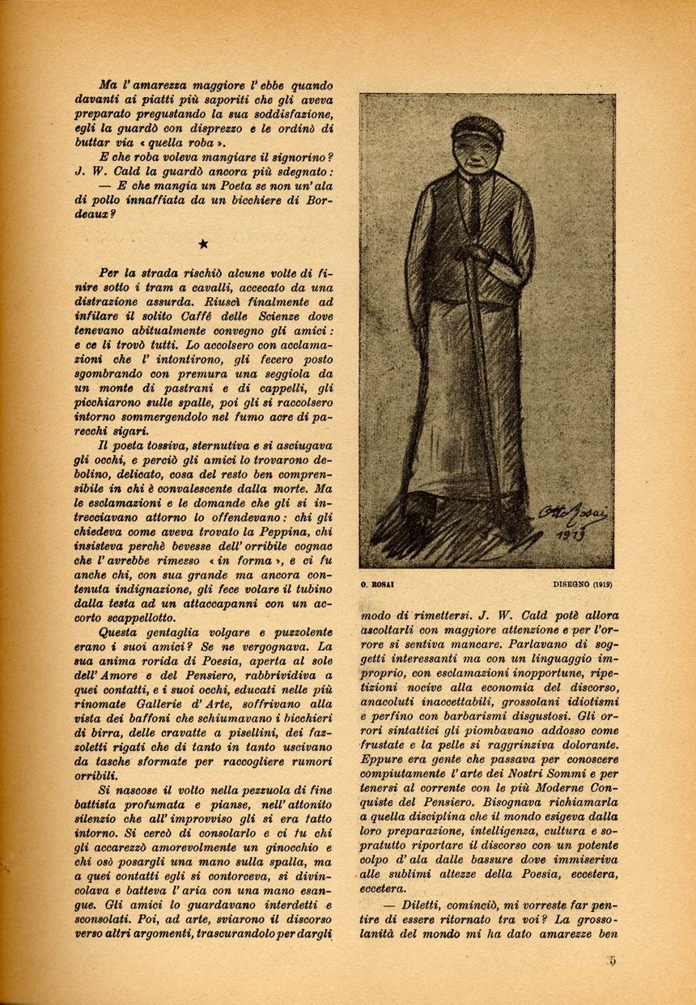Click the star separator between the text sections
pos(203,244)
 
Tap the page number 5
pos(613,960)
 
